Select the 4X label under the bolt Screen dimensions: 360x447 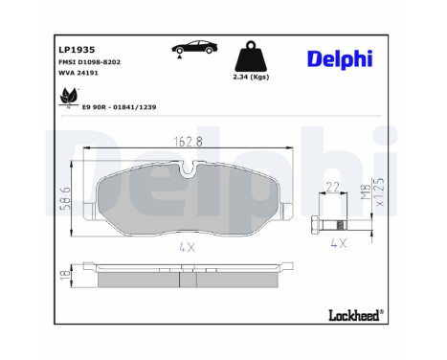(x=336, y=243)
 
